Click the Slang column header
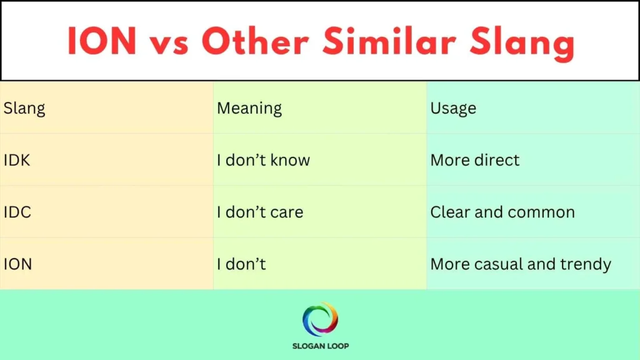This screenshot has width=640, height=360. (24, 108)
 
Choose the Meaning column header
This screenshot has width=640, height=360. (249, 108)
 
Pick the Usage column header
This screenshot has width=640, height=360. (453, 108)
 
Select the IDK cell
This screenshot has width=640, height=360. (17, 160)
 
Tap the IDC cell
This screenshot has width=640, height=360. (17, 212)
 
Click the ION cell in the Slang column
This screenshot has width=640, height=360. (17, 264)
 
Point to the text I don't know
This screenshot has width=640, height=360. (263, 160)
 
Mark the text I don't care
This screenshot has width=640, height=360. (260, 212)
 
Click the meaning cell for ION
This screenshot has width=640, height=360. (241, 264)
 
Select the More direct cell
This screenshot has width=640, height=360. (475, 160)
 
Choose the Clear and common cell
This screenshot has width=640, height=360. (502, 212)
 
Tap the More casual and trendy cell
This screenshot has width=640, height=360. (521, 264)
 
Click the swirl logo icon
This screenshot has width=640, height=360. (320, 319)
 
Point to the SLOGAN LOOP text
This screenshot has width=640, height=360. (320, 346)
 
